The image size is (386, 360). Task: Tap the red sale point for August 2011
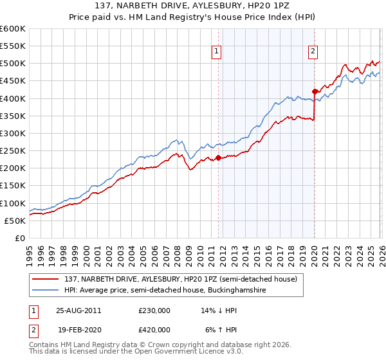(x=219, y=157)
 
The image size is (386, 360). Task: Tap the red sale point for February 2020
(x=315, y=91)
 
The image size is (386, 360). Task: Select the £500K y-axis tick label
(x=13, y=64)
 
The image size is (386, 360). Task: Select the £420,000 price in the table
(x=154, y=329)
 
